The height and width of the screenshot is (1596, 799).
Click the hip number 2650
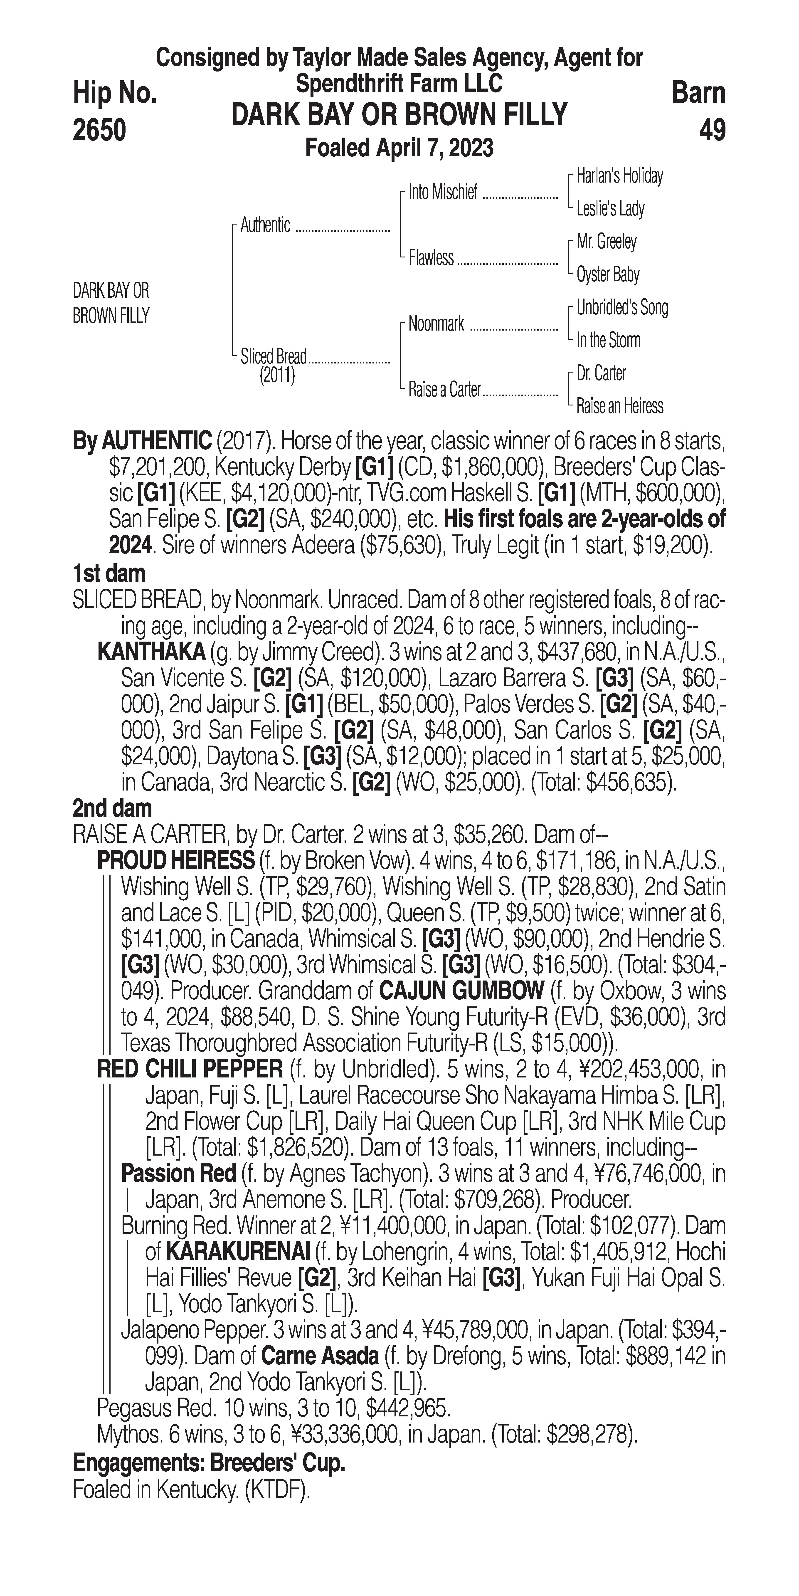click(x=99, y=130)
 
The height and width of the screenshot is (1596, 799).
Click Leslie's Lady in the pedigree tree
click(x=610, y=209)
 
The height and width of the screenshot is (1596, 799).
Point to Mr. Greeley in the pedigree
click(x=606, y=242)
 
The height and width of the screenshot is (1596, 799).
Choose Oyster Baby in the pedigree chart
click(x=608, y=274)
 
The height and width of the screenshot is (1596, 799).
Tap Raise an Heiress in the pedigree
click(x=619, y=406)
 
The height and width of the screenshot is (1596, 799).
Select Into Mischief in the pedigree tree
click(x=443, y=193)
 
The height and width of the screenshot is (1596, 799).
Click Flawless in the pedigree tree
click(x=431, y=258)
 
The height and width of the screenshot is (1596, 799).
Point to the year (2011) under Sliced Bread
click(x=277, y=376)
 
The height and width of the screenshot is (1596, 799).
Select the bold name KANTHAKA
click(x=151, y=652)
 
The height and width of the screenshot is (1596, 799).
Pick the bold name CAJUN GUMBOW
click(x=461, y=991)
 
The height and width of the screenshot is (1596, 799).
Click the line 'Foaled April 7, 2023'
click(x=399, y=148)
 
